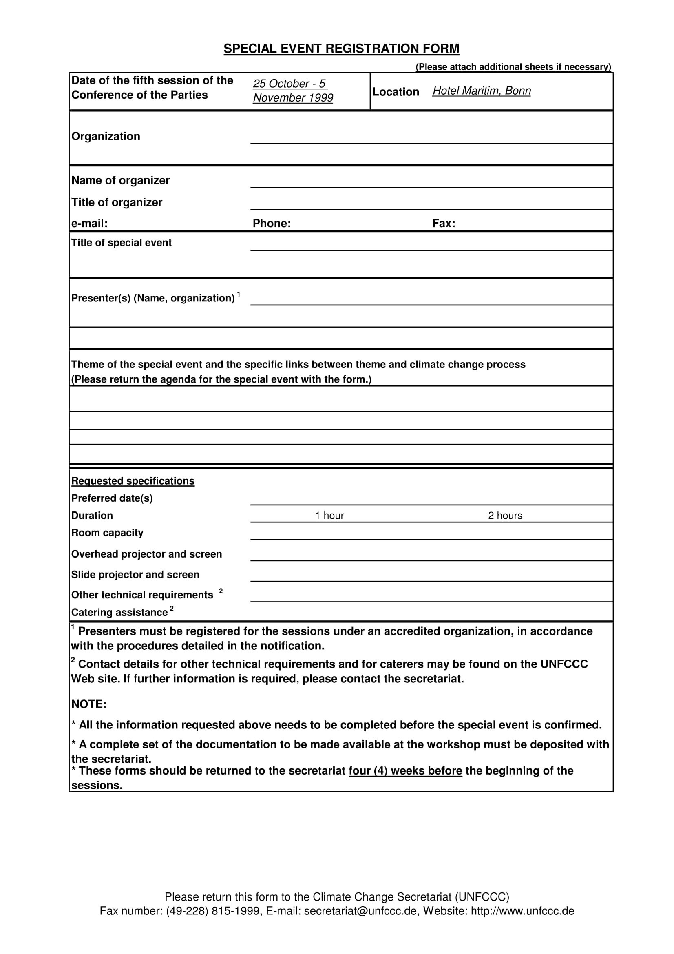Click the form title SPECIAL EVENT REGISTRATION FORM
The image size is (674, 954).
point(341,49)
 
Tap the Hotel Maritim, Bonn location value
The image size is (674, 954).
point(481,91)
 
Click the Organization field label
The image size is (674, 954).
point(106,136)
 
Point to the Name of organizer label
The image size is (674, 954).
point(120,180)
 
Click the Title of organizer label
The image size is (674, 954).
point(117,202)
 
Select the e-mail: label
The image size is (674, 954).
point(89,224)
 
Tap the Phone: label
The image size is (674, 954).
point(272,224)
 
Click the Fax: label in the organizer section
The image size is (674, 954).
point(444,224)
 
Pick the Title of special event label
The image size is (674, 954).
point(121,243)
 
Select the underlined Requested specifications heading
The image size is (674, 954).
point(133,481)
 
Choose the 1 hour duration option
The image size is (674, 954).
point(329,516)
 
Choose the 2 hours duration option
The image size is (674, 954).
point(504,516)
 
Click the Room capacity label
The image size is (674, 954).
point(107,533)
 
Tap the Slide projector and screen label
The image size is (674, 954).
point(135,575)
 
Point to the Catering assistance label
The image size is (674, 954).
point(119,613)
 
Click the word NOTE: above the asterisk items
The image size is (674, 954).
point(89,704)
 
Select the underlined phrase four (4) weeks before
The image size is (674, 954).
point(405,771)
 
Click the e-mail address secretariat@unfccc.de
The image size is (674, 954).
point(360,911)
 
